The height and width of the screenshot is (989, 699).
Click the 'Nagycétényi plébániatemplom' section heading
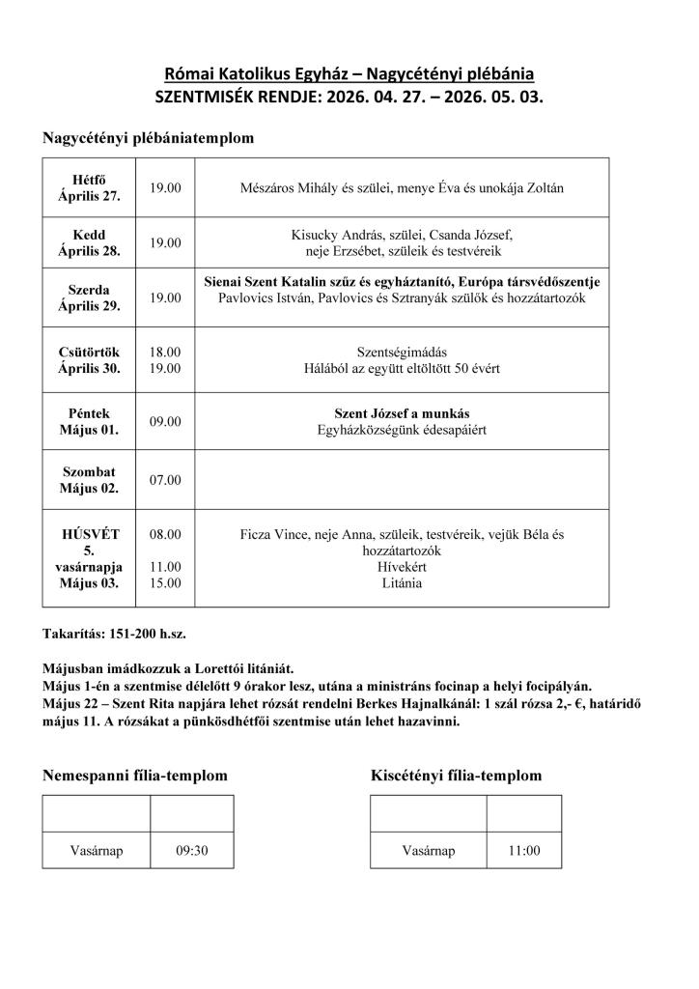148,138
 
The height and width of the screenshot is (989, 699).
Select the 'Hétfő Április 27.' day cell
88,188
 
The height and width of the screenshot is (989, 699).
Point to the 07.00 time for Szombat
165,480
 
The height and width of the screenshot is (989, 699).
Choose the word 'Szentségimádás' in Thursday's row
402,353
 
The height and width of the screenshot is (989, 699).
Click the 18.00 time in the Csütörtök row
165,353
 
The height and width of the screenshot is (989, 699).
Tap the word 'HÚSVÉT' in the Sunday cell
89,533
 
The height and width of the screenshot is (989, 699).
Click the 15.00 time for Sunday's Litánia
165,583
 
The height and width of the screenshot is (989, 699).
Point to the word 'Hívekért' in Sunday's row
402,567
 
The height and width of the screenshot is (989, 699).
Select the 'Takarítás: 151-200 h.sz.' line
114,635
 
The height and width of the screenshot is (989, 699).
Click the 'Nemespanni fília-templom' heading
135,776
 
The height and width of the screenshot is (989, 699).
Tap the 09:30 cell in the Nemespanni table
192,851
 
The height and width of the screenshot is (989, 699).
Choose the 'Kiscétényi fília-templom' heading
456,776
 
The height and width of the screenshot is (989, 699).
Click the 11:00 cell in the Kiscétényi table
524,851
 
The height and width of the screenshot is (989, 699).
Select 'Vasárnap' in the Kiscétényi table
428,851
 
